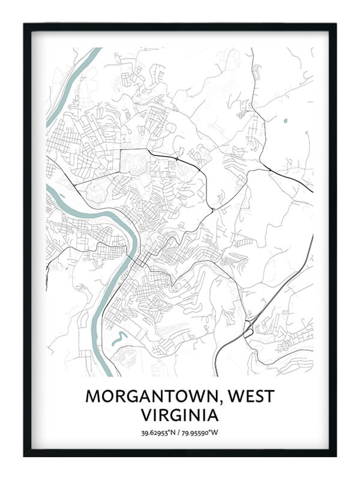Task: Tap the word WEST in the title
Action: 254,397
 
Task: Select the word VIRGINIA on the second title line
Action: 180,415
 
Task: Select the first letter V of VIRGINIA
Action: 146,415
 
